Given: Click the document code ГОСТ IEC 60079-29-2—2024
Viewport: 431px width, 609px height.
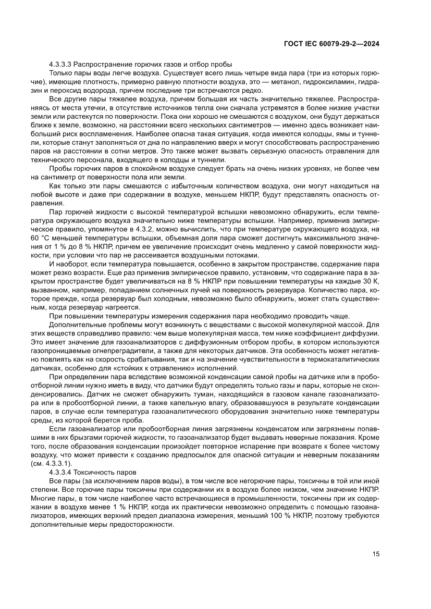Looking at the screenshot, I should (331, 44).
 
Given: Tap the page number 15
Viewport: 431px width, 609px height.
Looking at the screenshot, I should (375, 554).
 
